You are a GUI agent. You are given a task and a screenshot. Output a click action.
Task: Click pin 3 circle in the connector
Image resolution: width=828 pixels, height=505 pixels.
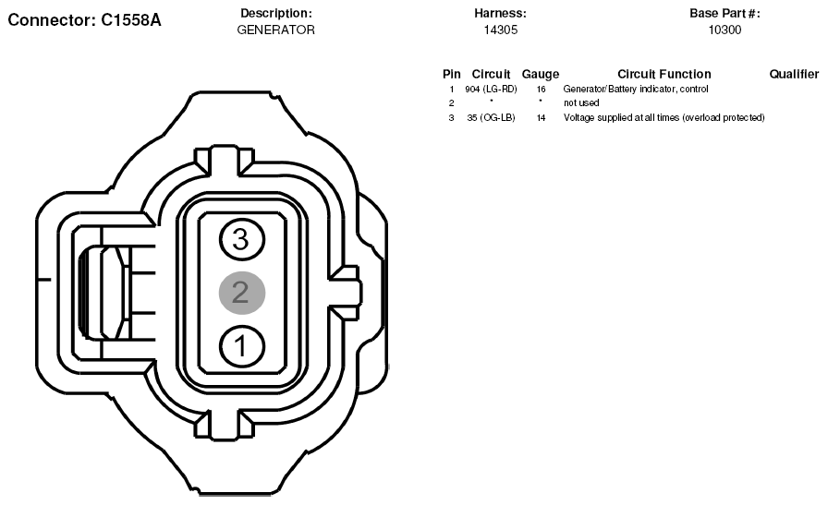(242, 239)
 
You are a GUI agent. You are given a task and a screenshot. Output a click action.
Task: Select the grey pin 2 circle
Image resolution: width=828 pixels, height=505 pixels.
(242, 293)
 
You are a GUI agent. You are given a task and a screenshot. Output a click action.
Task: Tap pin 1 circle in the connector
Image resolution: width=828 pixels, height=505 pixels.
(242, 347)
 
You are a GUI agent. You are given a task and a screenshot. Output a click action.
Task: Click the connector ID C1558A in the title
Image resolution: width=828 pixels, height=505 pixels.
(131, 20)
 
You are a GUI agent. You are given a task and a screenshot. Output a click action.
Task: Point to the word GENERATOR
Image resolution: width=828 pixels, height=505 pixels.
(275, 30)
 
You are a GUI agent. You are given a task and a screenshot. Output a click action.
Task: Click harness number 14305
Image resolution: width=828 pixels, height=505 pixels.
(501, 30)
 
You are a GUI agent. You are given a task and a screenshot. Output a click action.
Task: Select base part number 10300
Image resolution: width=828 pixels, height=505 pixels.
(724, 30)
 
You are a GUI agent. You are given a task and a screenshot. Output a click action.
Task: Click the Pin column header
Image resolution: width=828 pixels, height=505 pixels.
(452, 75)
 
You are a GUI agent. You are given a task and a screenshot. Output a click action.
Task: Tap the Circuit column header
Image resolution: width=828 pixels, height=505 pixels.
(491, 75)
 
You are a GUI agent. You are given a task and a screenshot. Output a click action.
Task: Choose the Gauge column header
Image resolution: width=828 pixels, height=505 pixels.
(541, 75)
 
